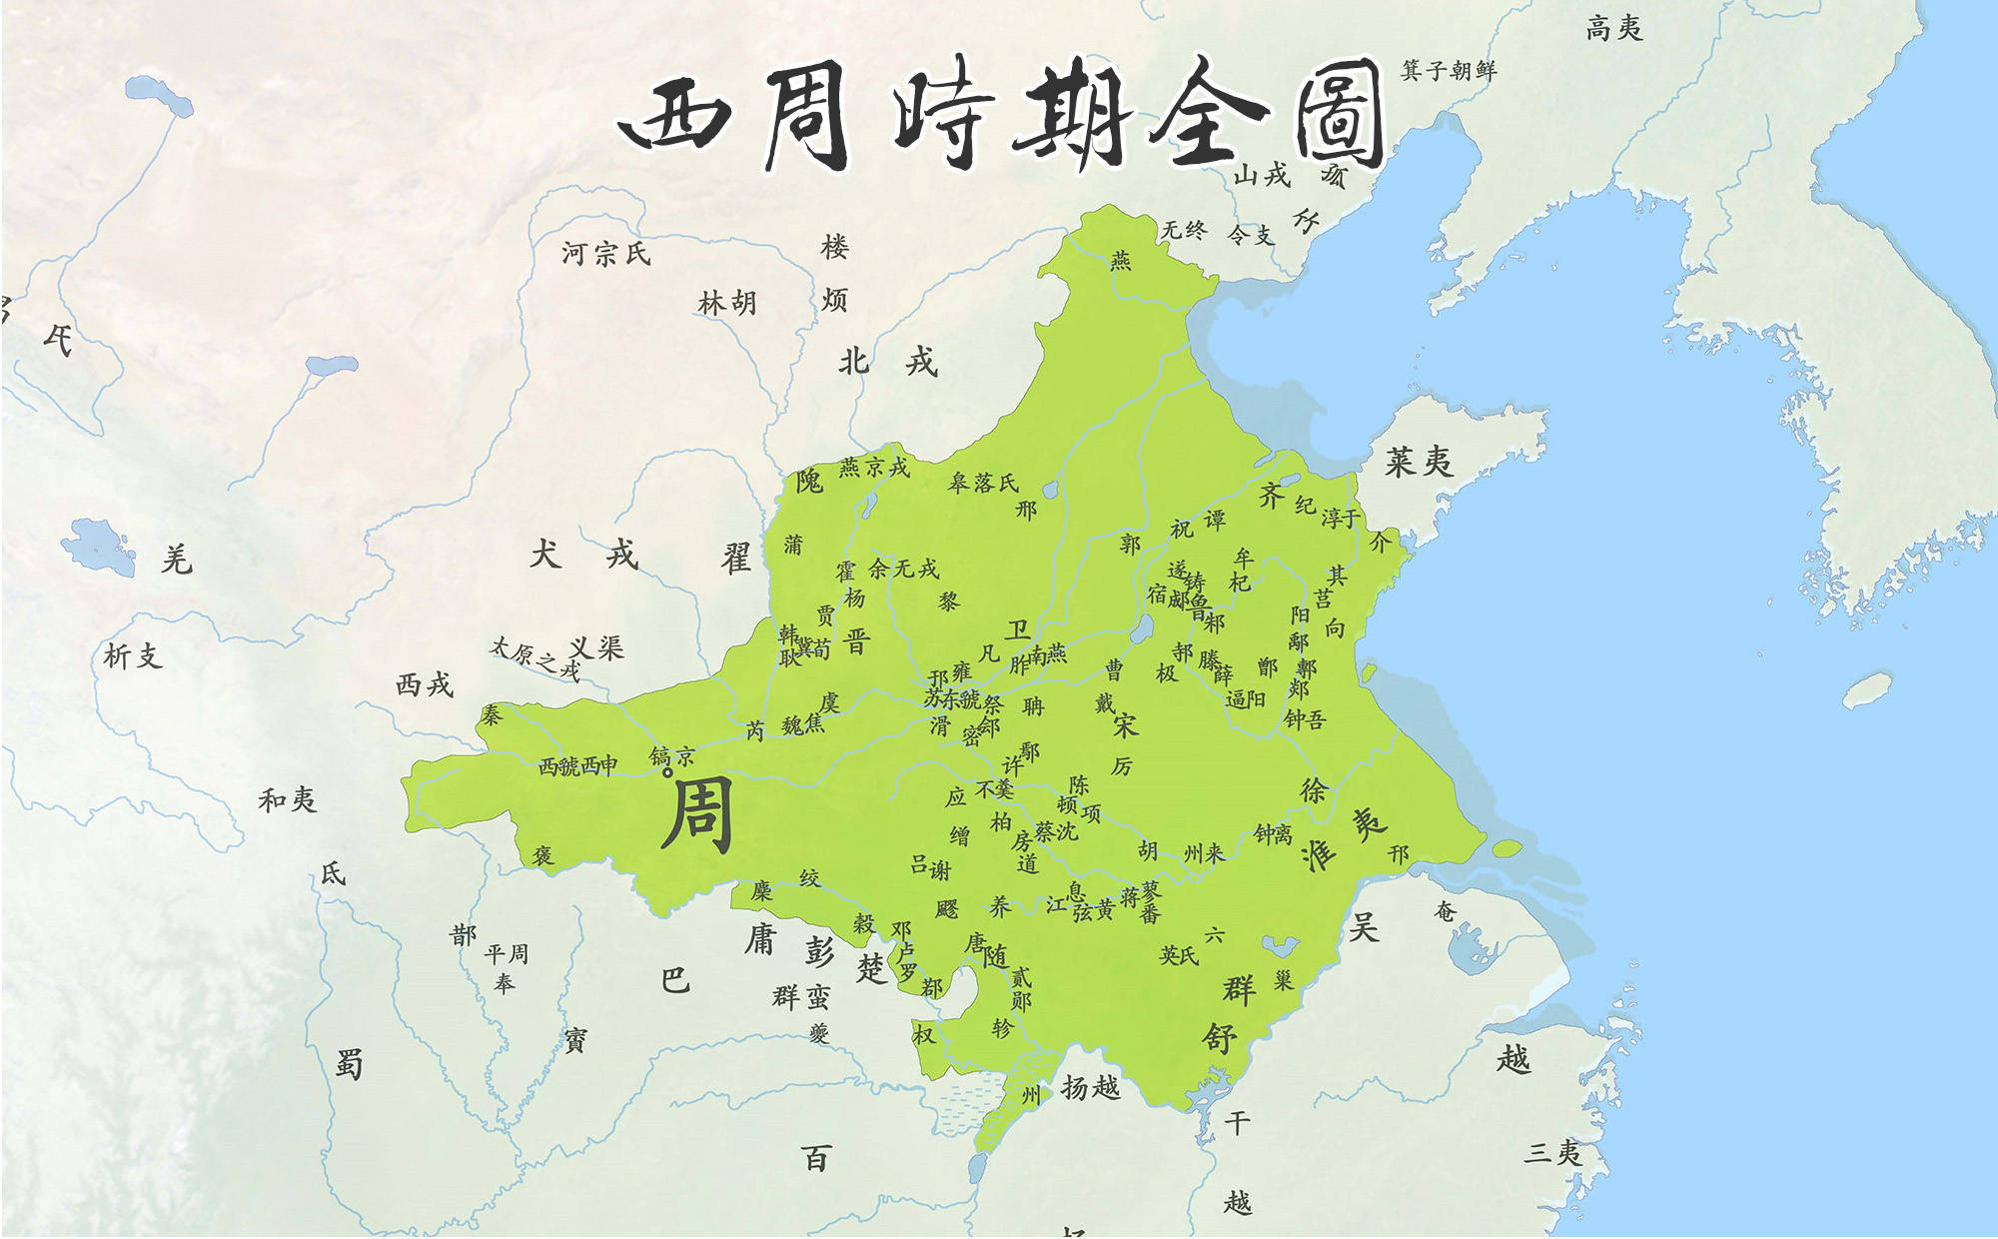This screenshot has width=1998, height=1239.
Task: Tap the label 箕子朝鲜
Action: [1449, 70]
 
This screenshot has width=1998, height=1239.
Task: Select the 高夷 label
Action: [1613, 28]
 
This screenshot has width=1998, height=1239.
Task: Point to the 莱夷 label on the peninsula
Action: [1419, 462]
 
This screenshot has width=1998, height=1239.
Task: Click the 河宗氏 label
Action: [605, 254]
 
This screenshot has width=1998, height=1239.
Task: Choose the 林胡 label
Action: [727, 302]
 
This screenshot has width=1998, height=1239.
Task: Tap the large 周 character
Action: [697, 814]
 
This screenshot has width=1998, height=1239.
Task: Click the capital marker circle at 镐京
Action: [668, 772]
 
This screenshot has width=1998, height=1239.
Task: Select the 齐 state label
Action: [1271, 495]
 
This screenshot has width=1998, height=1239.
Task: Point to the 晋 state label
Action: [856, 640]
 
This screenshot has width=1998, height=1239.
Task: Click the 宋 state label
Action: [1126, 724]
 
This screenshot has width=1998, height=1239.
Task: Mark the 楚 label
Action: [871, 967]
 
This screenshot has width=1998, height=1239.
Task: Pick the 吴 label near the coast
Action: [1364, 927]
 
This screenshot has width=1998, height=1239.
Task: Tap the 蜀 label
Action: [349, 1064]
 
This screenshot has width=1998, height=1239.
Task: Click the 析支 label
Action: [132, 656]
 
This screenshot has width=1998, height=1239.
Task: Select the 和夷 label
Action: [288, 799]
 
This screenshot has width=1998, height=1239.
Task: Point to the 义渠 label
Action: [596, 648]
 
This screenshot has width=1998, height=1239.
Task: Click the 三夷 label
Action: [1552, 1152]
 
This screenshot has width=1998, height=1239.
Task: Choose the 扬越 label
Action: [1090, 1087]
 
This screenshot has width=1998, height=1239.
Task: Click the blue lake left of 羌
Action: [98, 546]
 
